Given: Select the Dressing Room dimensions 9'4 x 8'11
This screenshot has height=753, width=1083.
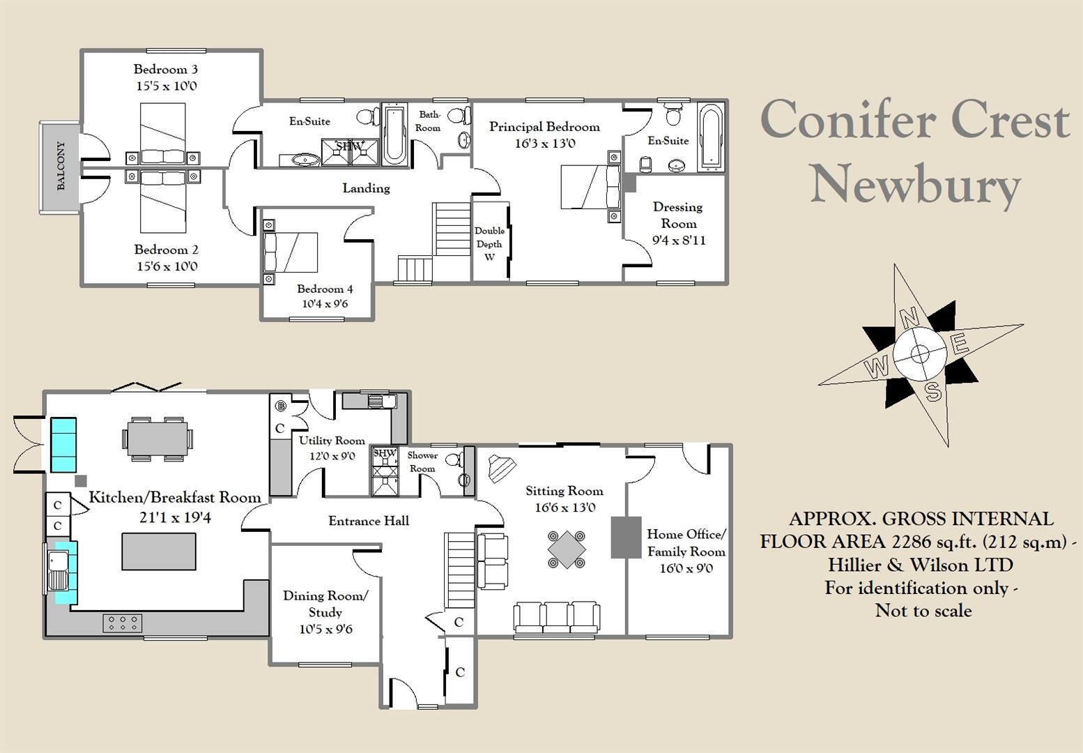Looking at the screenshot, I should (x=678, y=241).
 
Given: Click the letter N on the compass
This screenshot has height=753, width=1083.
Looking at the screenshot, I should (x=909, y=319).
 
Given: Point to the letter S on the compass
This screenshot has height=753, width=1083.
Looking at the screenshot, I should (x=933, y=392).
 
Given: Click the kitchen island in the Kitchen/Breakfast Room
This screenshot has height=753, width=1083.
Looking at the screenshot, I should (x=158, y=551).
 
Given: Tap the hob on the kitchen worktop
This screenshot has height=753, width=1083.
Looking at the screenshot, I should (x=123, y=623).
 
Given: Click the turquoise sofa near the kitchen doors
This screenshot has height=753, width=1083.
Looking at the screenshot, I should (x=63, y=444).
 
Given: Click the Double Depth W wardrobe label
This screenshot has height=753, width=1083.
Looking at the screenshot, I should (x=489, y=244).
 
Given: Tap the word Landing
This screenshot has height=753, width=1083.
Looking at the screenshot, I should (x=366, y=188).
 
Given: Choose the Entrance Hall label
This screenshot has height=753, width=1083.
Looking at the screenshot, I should (x=369, y=521).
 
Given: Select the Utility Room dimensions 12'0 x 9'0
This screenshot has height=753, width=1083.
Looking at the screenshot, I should (x=332, y=457).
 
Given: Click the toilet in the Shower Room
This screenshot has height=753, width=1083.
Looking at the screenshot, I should (x=455, y=459).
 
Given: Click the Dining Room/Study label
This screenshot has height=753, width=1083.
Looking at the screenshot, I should (x=325, y=604).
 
